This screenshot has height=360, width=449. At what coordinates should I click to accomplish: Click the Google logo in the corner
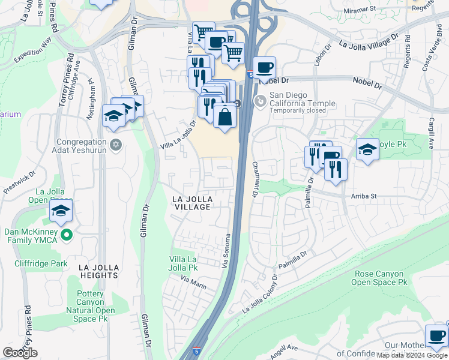pos(20,352)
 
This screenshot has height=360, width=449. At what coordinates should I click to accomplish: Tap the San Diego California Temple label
pos(302,100)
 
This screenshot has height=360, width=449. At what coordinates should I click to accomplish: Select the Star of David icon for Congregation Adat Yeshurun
pos(116,145)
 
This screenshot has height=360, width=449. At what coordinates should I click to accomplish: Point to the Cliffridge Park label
pos(42,263)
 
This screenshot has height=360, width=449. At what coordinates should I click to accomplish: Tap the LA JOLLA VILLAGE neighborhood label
pos(191,202)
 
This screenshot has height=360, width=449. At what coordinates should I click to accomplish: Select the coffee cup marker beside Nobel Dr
pos(264,68)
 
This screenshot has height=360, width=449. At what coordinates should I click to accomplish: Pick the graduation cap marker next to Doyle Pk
pos(367,150)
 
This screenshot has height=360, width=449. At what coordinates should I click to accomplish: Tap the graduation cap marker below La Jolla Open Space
pos(61,211)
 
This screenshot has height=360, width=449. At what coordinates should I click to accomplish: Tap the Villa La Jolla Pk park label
pos(184,263)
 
